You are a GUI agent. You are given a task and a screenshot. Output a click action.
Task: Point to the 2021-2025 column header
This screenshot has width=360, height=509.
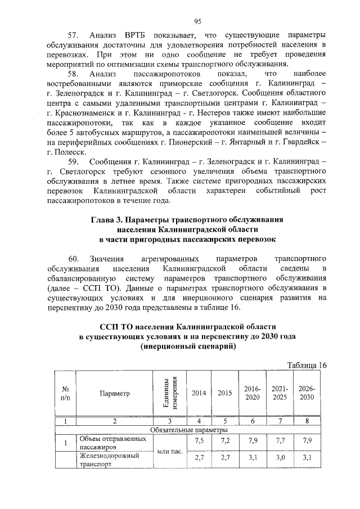[280, 393]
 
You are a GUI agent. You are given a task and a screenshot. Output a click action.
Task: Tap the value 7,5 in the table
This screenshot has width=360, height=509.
[199, 441]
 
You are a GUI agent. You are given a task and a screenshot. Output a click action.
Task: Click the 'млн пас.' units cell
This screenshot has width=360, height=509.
[170, 451]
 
